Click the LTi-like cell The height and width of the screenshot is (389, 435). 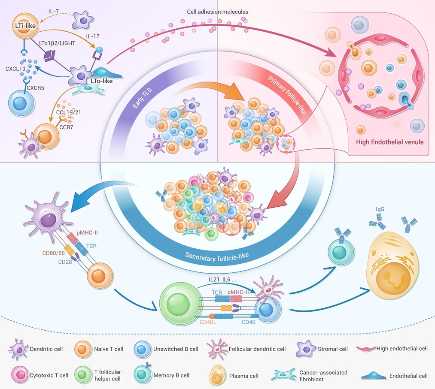(x=25, y=26)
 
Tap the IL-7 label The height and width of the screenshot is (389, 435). (x=54, y=12)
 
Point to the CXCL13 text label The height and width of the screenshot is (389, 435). (x=15, y=69)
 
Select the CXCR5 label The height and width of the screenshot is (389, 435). (x=35, y=88)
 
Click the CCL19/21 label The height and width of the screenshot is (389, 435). (x=69, y=112)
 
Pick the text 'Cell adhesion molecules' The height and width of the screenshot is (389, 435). (x=217, y=12)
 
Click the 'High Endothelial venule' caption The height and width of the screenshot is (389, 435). (x=390, y=142)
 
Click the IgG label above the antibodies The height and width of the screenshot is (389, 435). (x=380, y=209)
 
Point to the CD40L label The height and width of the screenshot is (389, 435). (x=208, y=322)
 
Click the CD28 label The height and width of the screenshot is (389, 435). (x=65, y=262)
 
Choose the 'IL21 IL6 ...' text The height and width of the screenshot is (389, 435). (x=222, y=280)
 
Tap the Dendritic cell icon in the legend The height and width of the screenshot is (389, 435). (x=18, y=349)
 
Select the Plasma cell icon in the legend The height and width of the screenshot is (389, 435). (x=217, y=375)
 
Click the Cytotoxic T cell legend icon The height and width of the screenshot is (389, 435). (x=20, y=375)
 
